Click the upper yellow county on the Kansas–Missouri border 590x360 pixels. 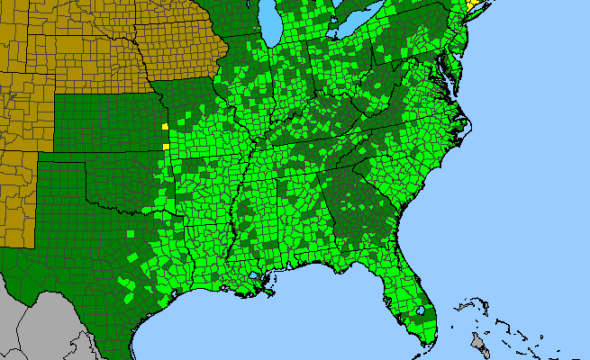click(x=164, y=127)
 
